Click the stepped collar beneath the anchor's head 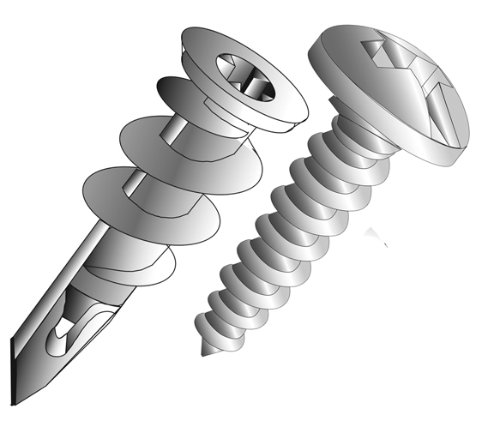[x=232, y=129]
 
